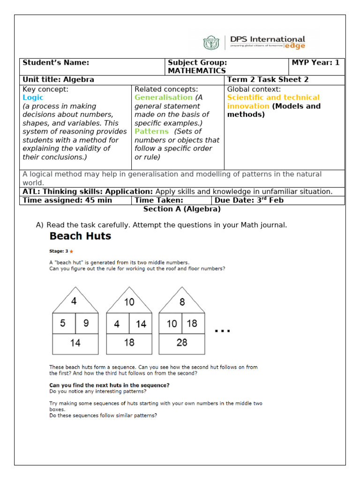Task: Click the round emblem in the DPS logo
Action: [x=211, y=43]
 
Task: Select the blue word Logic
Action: [x=33, y=97]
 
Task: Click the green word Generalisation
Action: [x=163, y=97]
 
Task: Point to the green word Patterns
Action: [x=151, y=131]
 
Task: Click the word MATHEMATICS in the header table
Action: [x=196, y=71]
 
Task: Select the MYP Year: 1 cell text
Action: [x=315, y=63]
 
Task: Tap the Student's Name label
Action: [x=56, y=63]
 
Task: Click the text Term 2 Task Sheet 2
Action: [x=268, y=80]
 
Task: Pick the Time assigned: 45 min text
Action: [x=67, y=200]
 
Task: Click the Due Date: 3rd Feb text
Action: [x=248, y=200]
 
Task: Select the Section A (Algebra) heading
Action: [x=182, y=209]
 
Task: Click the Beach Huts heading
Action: [x=80, y=236]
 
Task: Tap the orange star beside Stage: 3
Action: [x=71, y=251]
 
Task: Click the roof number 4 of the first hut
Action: [x=74, y=301]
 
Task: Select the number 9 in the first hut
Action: [x=86, y=323]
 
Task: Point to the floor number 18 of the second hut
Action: [x=129, y=343]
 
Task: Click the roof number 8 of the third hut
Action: [x=182, y=301]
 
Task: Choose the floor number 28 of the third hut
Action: [x=182, y=343]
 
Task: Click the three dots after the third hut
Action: [x=222, y=331]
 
